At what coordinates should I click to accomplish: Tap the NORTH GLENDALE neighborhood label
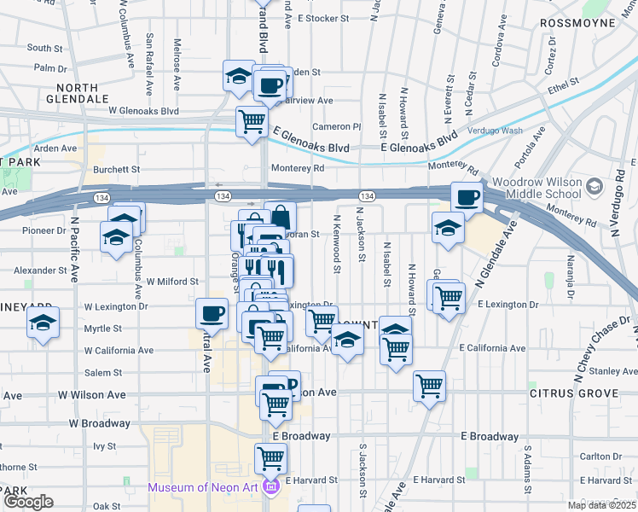coord(84,93)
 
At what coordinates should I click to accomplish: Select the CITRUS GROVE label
coord(573,394)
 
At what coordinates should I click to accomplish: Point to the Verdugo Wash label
coord(496,131)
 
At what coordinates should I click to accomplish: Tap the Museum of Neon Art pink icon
coord(271,488)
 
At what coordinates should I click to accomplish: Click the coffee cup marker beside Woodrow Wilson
coord(467,198)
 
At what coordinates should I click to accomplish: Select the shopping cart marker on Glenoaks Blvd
coord(252,121)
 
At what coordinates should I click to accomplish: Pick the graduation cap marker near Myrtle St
coord(41,324)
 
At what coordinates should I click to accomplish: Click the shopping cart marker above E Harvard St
coord(270,459)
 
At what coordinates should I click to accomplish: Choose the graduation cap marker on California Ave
coord(346,341)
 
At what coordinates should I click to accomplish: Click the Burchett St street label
coord(116,170)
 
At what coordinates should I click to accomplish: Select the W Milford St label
coord(172,281)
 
